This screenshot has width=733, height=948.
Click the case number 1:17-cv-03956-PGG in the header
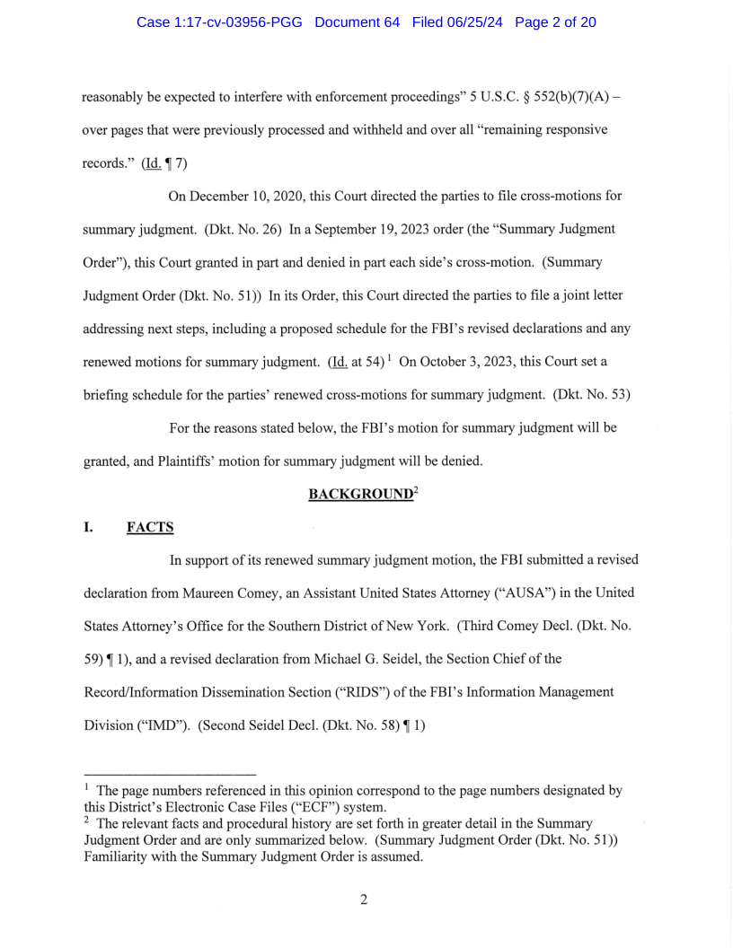tap(221, 22)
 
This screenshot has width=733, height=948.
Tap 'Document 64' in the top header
tap(357, 22)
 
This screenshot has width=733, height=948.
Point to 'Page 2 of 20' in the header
tap(555, 22)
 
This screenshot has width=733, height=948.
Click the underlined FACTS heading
tap(150, 527)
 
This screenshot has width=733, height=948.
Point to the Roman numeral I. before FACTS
tap(89, 527)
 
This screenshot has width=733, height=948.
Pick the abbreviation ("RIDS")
tap(367, 692)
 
